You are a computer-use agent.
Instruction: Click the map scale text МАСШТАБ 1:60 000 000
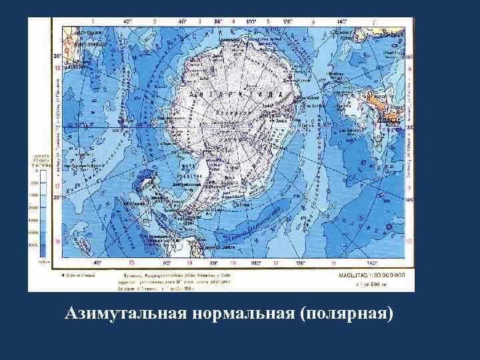pos(377,275)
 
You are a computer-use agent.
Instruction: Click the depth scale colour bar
pos(43,213)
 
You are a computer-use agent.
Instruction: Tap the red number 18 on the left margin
pos(57,68)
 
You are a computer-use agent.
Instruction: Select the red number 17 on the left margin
pos(57,187)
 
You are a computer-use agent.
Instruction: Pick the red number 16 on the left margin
pos(57,241)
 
